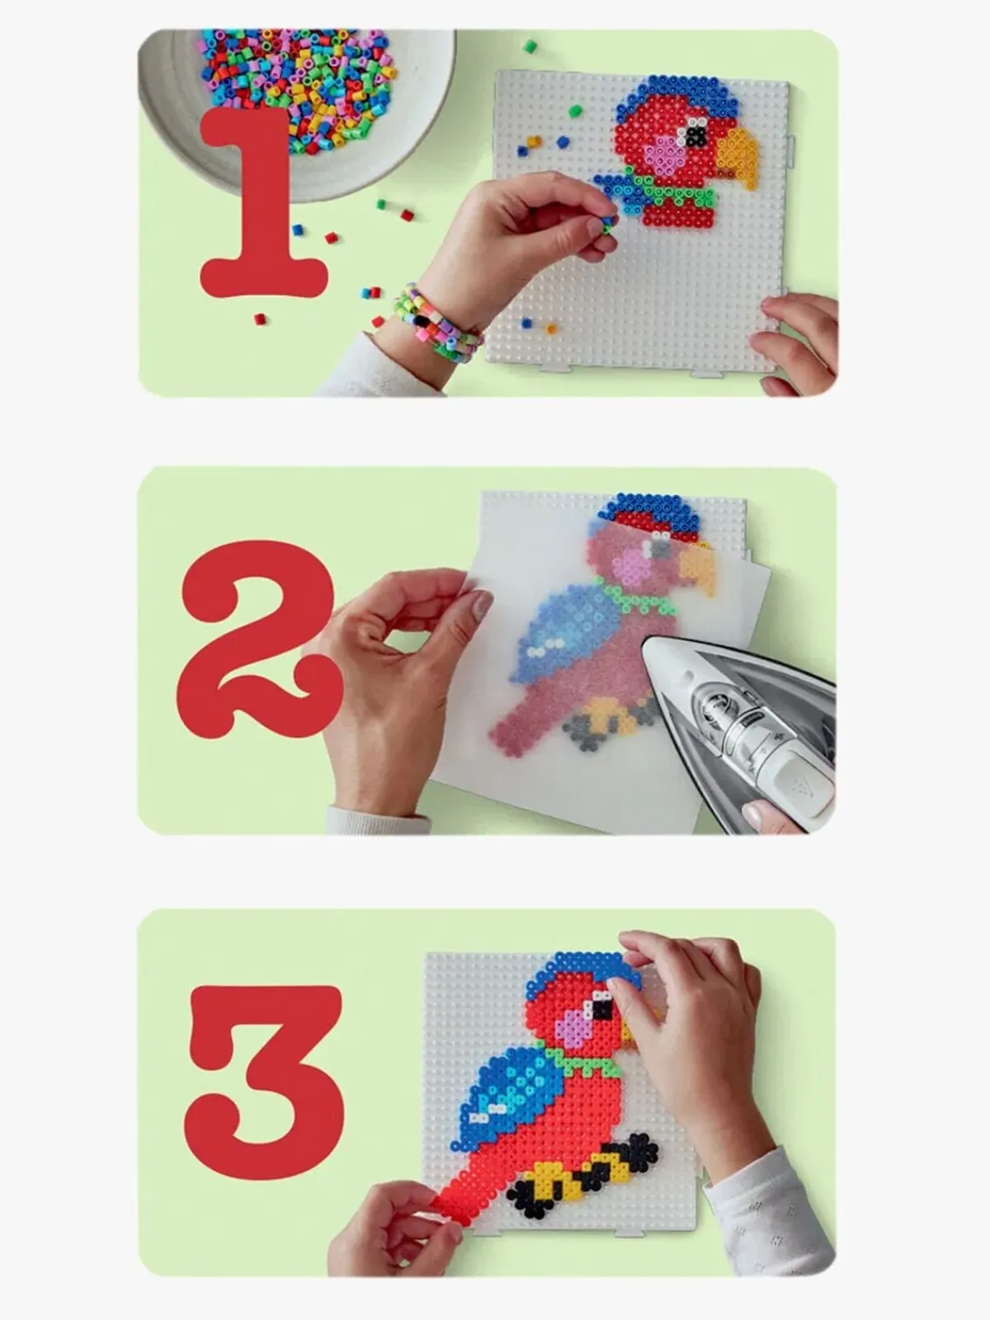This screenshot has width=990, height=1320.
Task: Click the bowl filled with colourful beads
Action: (x=295, y=102)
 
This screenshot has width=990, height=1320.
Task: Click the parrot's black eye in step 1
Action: (x=696, y=136)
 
